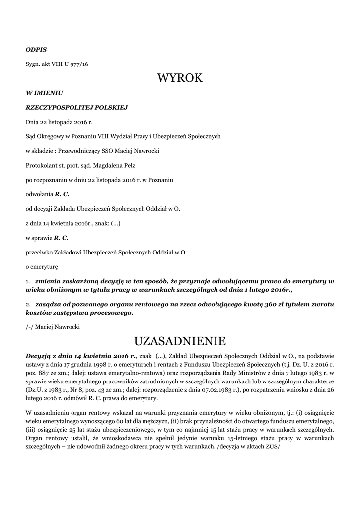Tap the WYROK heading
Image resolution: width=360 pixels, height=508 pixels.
click(180, 78)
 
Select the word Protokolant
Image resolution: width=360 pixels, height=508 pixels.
click(41, 165)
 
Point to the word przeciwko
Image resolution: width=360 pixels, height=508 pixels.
click(39, 253)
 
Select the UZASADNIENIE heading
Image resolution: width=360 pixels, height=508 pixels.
click(180, 342)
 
